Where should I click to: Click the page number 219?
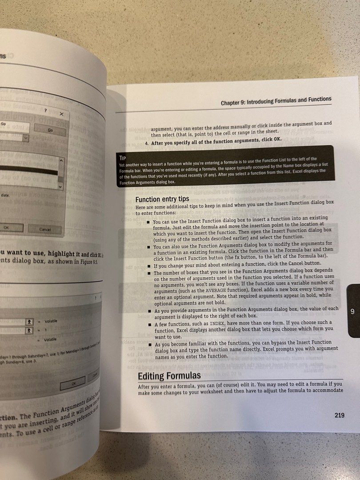point(339,416)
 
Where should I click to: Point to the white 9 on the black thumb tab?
point(352,311)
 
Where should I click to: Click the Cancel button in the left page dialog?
point(44,229)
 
